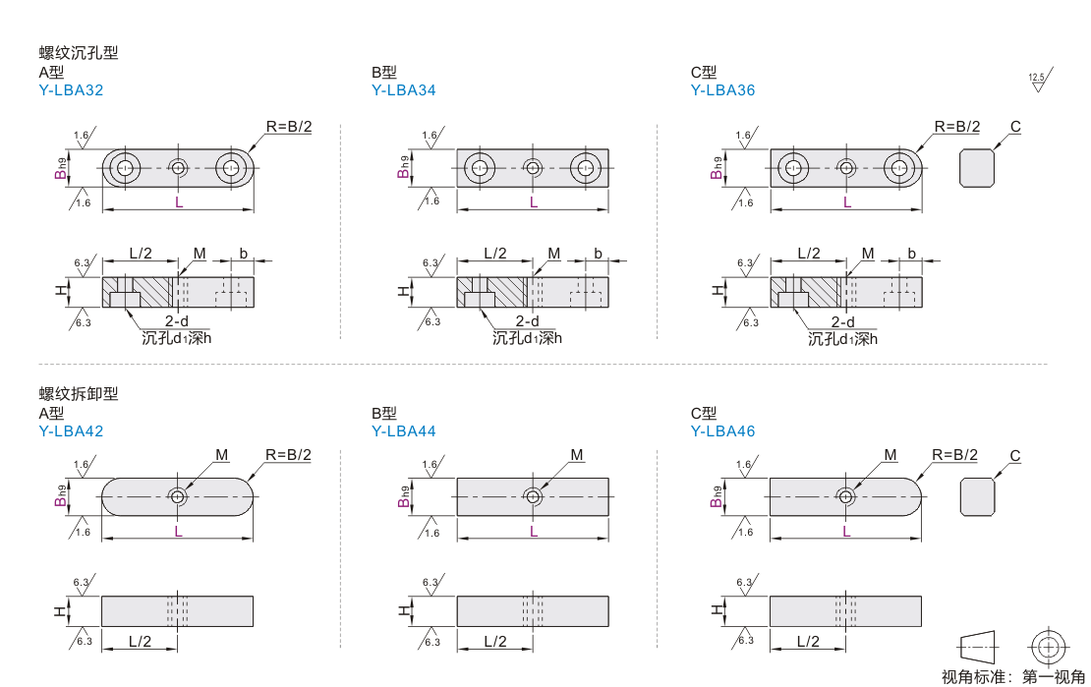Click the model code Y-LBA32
point(71,89)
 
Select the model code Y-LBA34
point(404,89)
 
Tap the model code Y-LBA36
point(723,89)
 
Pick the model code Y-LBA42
point(71,430)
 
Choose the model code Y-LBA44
point(404,430)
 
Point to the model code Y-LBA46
point(723,430)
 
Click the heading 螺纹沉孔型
point(79,53)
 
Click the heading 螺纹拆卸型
point(79,394)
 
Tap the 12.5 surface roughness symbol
point(1040,80)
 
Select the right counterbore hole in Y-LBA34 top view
point(586,168)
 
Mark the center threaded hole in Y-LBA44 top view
point(533,496)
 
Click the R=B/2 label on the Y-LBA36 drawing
point(956,127)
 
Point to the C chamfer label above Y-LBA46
point(1015,456)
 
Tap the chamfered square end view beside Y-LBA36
point(977,168)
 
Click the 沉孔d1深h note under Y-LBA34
point(528,338)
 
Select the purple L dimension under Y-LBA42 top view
point(178,532)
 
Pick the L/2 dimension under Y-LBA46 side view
point(808,641)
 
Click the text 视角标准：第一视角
point(1013,676)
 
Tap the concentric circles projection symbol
point(1049,648)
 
